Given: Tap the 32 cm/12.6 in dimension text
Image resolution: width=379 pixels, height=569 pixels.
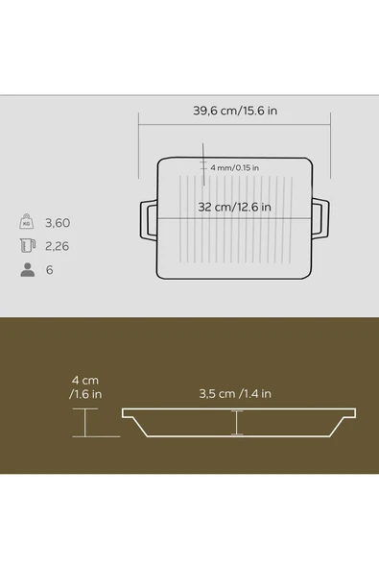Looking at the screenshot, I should point(234,207).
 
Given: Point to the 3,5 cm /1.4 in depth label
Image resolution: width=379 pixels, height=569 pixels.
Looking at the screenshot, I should point(235,393).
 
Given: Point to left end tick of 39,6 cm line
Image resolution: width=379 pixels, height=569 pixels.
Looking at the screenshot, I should point(140,121).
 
